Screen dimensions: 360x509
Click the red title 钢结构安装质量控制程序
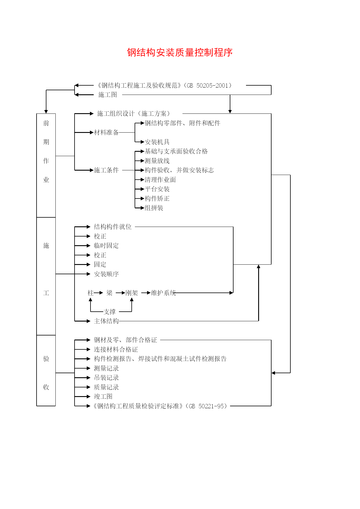coord(180,53)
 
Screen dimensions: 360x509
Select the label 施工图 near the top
coord(108,95)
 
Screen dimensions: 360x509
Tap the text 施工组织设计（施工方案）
coord(133,113)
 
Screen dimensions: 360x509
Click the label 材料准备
coord(106,132)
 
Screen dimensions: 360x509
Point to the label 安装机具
coord(157,142)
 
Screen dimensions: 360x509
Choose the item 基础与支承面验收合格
coord(176,151)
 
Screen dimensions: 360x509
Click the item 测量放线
coord(157,161)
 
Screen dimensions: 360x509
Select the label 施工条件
coord(106,170)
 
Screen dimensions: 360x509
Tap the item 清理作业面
coord(160,180)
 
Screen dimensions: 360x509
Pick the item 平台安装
coord(157,189)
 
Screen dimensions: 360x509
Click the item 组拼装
coord(154,208)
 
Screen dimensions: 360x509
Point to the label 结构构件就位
coord(113,227)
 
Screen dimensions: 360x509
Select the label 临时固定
coord(106,246)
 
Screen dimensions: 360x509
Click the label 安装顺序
coord(106,274)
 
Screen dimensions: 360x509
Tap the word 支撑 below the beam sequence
coord(109,312)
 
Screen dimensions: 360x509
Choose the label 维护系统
coord(163,293)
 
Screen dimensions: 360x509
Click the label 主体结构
coord(106,321)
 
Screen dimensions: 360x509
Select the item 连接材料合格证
coord(116,349)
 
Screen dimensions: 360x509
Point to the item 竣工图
coord(103,396)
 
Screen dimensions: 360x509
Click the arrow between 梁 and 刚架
coord(120,293)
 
